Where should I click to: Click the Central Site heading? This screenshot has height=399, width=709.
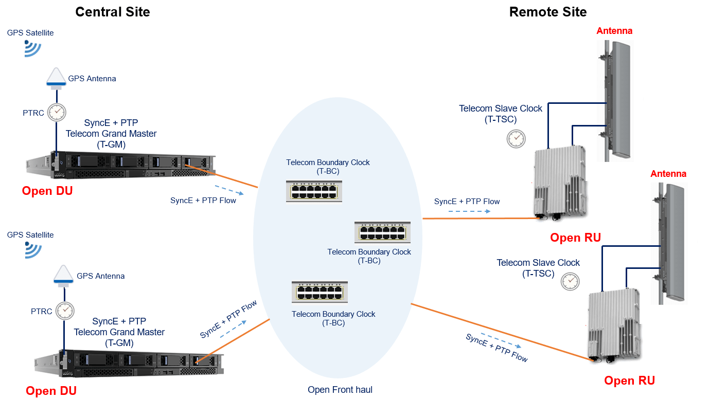pyautogui.click(x=113, y=12)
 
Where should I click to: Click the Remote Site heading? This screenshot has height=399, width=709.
pyautogui.click(x=548, y=12)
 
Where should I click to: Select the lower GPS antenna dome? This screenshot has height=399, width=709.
pyautogui.click(x=64, y=275)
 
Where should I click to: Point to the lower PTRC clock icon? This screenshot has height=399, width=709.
pyautogui.click(x=64, y=311)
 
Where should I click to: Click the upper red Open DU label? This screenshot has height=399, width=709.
pyautogui.click(x=47, y=191)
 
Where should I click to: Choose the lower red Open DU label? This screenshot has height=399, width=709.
pyautogui.click(x=51, y=391)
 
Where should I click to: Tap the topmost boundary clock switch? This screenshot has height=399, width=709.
pyautogui.click(x=314, y=191)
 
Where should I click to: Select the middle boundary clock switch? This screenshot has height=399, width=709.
pyautogui.click(x=382, y=232)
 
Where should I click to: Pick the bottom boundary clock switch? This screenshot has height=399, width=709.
pyautogui.click(x=320, y=292)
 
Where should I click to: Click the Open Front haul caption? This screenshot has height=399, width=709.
pyautogui.click(x=340, y=390)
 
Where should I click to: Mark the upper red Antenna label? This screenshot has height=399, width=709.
pyautogui.click(x=614, y=31)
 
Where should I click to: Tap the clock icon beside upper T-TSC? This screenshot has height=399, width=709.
pyautogui.click(x=515, y=138)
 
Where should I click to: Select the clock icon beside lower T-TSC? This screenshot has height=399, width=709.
pyautogui.click(x=570, y=281)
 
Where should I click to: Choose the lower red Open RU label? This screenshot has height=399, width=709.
pyautogui.click(x=629, y=380)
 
